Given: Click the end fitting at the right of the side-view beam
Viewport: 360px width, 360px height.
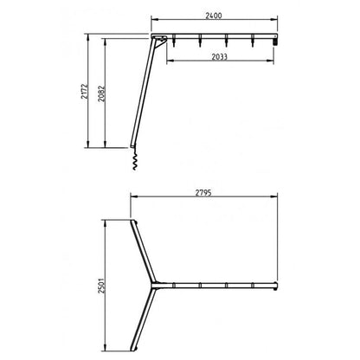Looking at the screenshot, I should (x=275, y=39).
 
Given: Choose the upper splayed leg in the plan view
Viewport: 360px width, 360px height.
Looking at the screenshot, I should (x=142, y=252).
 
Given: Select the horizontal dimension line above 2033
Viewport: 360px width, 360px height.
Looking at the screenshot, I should (x=221, y=60).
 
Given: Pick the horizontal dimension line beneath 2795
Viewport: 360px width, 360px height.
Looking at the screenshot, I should (x=204, y=196).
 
